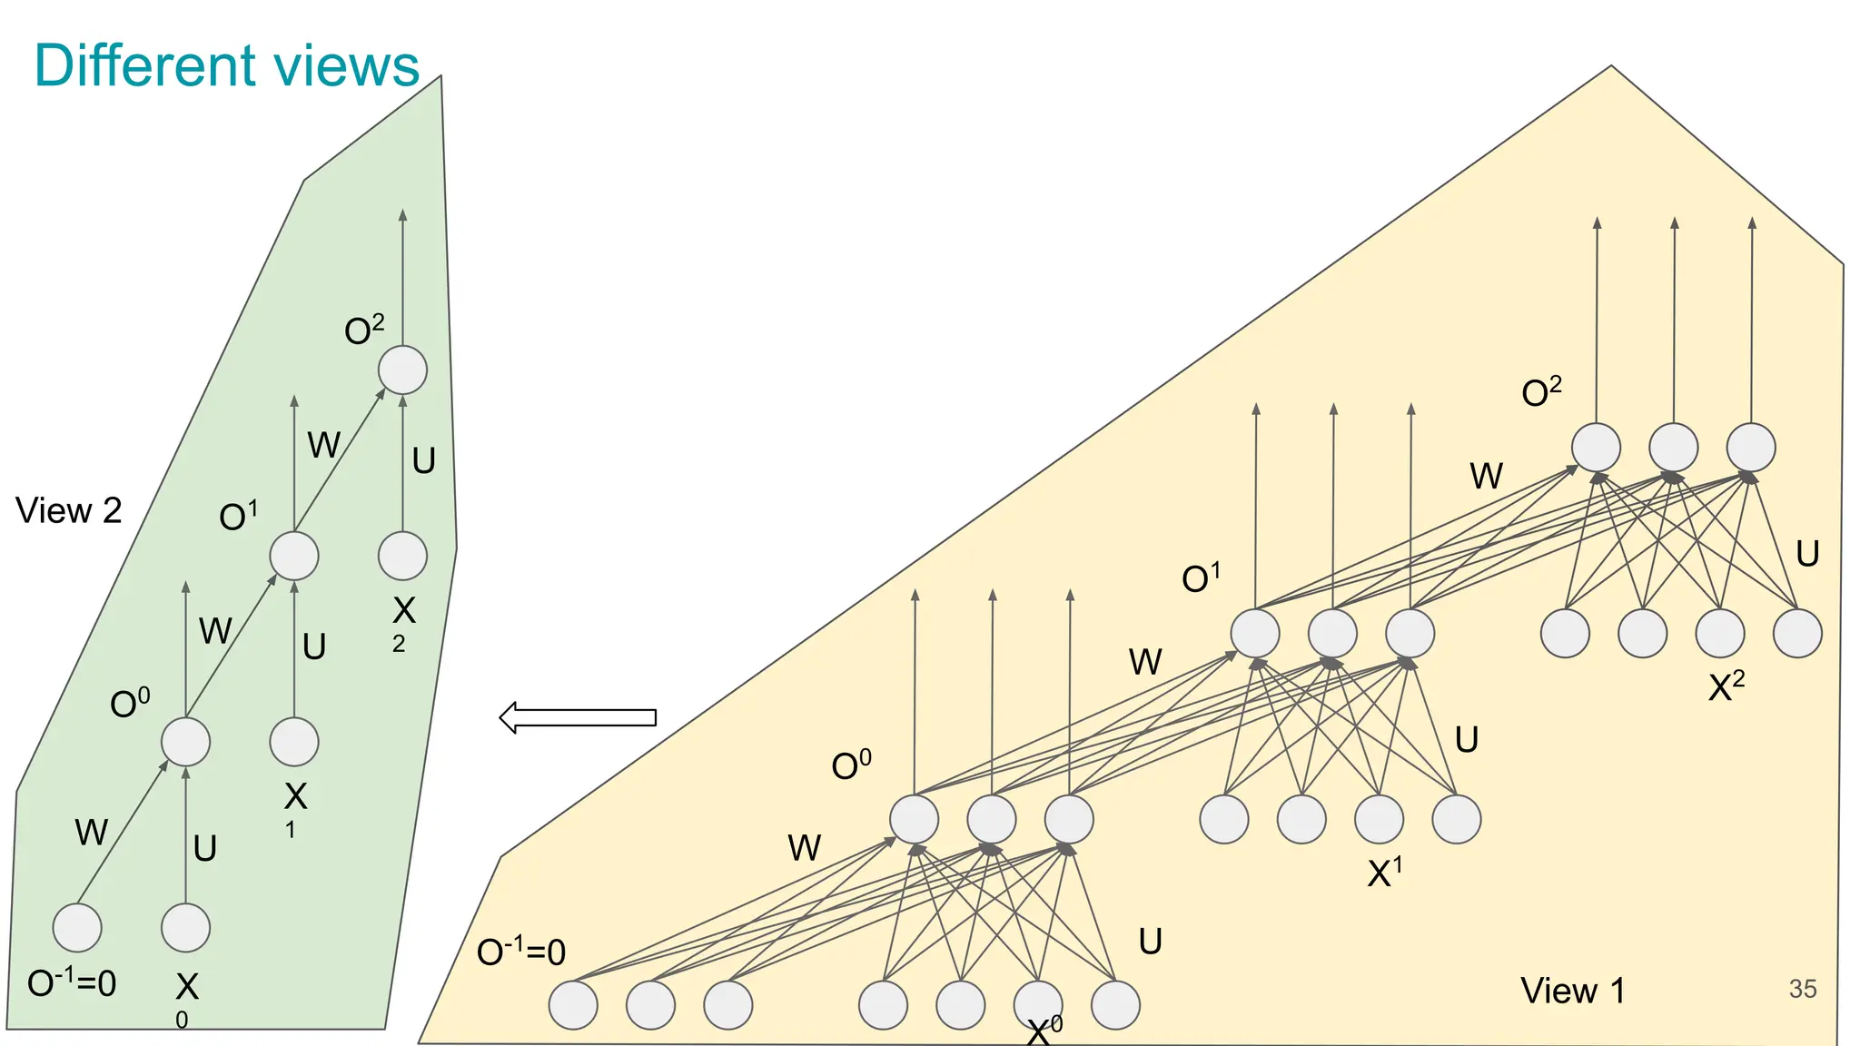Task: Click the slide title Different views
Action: pos(226,65)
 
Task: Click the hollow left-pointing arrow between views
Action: pos(578,717)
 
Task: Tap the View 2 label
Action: pos(68,511)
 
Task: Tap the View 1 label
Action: pos(1572,991)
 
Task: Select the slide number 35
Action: pos(1802,989)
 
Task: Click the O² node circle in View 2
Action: pos(402,370)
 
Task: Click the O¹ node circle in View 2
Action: pos(294,556)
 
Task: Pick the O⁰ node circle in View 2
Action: pos(185,742)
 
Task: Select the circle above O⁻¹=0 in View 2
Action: pos(77,927)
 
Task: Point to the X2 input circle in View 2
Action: pos(402,556)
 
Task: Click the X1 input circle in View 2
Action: pos(294,742)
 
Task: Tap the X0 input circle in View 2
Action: pos(185,927)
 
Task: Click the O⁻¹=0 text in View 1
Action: pos(521,952)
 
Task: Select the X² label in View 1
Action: pos(1726,686)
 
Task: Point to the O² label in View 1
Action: pos(1541,392)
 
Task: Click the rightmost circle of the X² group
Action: pos(1797,633)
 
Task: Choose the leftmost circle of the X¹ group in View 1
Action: pos(1223,819)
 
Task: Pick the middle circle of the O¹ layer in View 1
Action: pos(1332,633)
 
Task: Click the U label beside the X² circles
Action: pos(1807,554)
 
